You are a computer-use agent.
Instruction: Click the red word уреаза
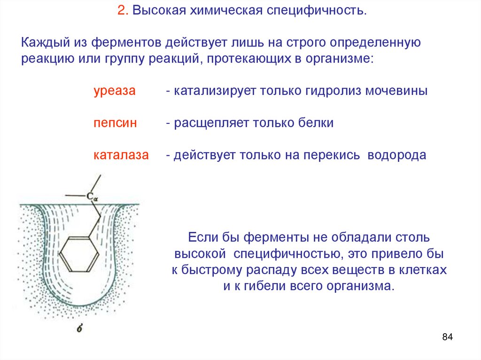pyautogui.click(x=114, y=91)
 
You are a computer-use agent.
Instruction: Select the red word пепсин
pyautogui.click(x=115, y=123)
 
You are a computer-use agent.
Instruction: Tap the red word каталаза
pyautogui.click(x=121, y=155)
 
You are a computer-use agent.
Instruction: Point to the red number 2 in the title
pyautogui.click(x=121, y=10)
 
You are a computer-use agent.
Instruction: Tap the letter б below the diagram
pyautogui.click(x=79, y=329)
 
